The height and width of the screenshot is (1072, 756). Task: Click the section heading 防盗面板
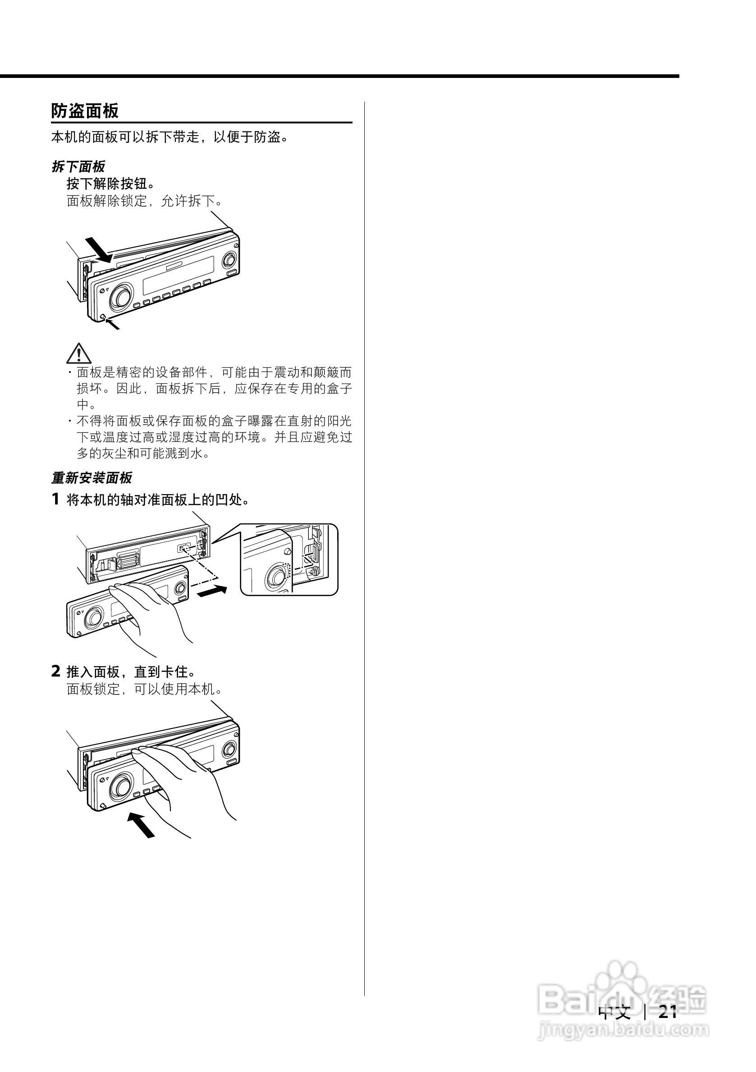click(85, 111)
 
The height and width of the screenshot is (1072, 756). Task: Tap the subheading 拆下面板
click(78, 166)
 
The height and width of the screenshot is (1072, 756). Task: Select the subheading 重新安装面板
click(92, 477)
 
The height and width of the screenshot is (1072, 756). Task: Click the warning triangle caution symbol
click(78, 354)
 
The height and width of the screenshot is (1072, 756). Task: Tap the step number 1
click(55, 499)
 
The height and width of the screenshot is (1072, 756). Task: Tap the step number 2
click(55, 672)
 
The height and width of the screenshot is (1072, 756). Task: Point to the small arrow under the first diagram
click(113, 324)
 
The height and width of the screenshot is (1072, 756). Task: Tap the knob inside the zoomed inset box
click(276, 577)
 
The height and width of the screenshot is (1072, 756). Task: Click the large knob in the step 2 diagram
click(121, 787)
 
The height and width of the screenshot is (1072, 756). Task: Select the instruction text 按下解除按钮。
click(110, 183)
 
